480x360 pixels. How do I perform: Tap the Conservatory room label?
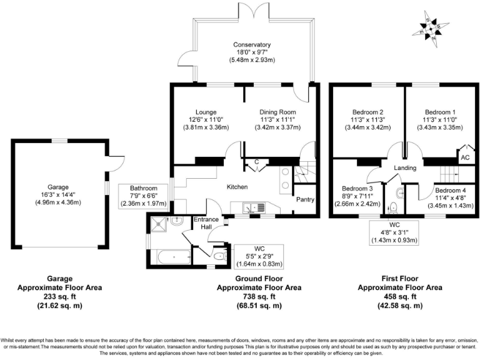[x=252, y=45]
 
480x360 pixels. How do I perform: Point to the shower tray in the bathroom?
[x=159, y=222]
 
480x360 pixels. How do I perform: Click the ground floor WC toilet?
[x=219, y=256]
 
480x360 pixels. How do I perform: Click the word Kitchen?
[x=237, y=187]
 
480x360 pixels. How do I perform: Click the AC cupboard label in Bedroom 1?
[x=464, y=158]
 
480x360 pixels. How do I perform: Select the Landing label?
[x=405, y=168]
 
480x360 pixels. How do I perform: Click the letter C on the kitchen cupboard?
[x=256, y=162]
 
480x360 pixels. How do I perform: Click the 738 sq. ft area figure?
[x=259, y=297]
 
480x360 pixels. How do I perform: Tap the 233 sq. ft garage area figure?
[x=60, y=297]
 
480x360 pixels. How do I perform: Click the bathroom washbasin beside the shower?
[x=176, y=219]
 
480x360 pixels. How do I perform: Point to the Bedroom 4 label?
[x=450, y=190]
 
